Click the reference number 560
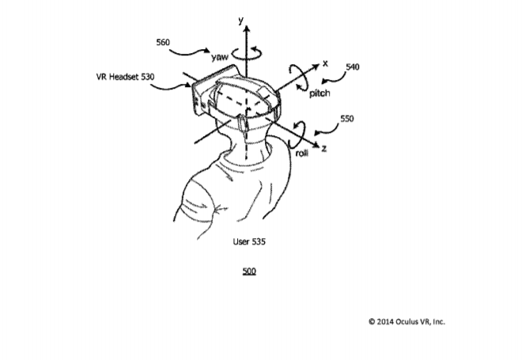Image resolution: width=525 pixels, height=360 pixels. tap(163, 42)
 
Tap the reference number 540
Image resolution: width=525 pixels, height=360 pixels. tap(352, 67)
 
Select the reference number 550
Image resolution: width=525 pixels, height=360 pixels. tap(347, 119)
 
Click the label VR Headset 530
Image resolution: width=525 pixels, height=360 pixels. tap(125, 77)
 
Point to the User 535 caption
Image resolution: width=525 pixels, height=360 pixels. tap(249, 241)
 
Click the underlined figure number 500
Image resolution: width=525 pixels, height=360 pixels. tap(249, 271)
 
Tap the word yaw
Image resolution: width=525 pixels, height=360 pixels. tap(220, 57)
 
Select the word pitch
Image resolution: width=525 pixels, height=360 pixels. tap(319, 93)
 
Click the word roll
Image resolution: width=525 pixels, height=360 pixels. tap(302, 153)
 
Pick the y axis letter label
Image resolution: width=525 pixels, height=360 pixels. tap(240, 21)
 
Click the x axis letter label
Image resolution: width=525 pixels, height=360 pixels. tap(325, 63)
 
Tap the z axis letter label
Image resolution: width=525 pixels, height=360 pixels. tap(323, 148)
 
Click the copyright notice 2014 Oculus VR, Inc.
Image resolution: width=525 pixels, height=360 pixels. tap(407, 322)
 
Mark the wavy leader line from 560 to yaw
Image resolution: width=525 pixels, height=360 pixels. tap(189, 52)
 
